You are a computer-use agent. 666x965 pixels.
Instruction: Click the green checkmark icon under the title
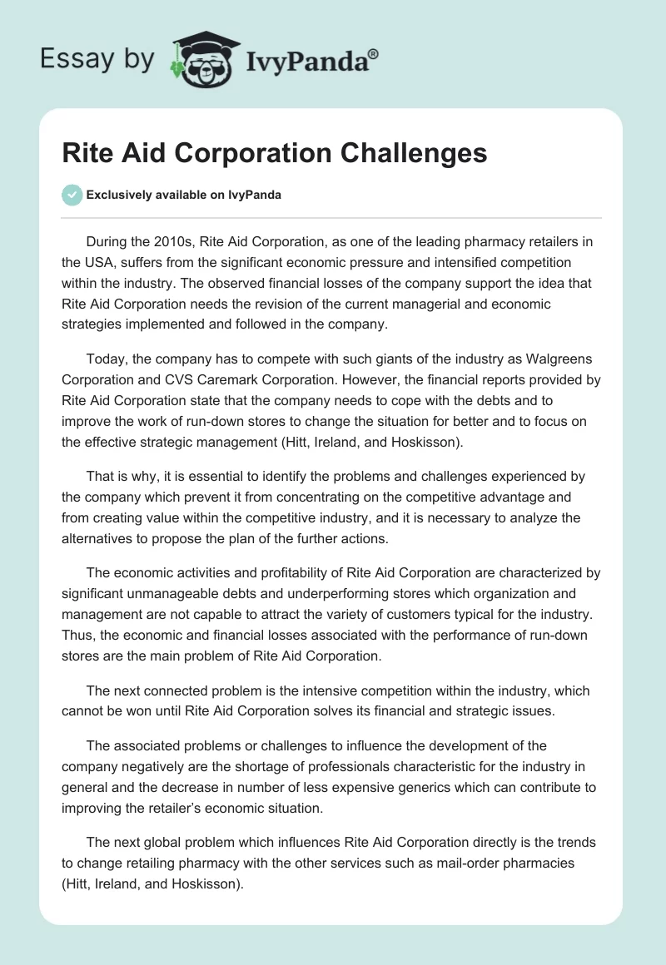point(72,195)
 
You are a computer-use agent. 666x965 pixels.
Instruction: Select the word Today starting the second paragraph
point(105,360)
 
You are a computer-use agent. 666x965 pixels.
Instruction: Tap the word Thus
point(77,635)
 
